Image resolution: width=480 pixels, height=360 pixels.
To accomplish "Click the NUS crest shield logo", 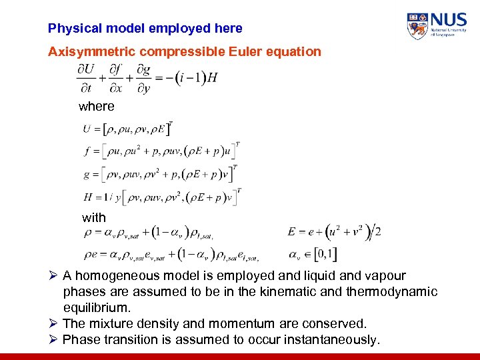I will [417, 26].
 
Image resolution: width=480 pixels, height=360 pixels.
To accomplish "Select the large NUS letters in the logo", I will [449, 20].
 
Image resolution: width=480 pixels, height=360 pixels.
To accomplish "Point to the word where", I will [97, 106].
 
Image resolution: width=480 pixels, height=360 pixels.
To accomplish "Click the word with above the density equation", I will [94, 217].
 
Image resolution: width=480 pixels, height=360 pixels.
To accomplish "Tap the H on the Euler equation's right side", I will [213, 78].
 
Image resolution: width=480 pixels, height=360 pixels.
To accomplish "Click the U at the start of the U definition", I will [87, 129].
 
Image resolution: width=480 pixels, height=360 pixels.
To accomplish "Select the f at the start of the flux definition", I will [87, 151].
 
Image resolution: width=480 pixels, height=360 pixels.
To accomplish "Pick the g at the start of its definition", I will [87, 175].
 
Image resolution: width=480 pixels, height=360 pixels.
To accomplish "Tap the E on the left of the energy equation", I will [292, 232].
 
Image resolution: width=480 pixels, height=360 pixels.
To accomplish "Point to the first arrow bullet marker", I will [53, 276].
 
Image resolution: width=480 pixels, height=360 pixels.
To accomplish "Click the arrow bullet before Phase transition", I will [53, 340].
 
